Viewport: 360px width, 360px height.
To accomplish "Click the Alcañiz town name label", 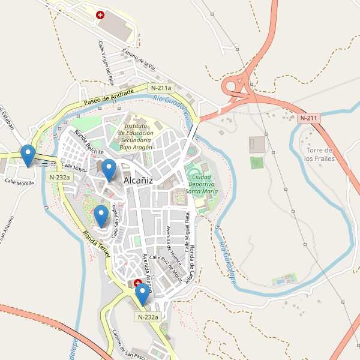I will coord(138,180).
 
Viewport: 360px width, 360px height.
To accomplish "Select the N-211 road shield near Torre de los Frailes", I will coord(308,118).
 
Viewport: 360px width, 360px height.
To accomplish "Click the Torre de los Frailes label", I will coord(318,154).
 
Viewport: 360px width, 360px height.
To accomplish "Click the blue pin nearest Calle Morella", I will coord(27,156).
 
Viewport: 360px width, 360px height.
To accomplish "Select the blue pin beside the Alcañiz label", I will coord(109,170).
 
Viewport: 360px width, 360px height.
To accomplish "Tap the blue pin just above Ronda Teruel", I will coord(101,215).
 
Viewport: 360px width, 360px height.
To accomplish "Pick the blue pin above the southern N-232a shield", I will coord(142,294).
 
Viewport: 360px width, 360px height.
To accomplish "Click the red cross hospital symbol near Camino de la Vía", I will coord(100,14).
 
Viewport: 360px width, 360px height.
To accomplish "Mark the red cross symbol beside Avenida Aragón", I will coord(137,282).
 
